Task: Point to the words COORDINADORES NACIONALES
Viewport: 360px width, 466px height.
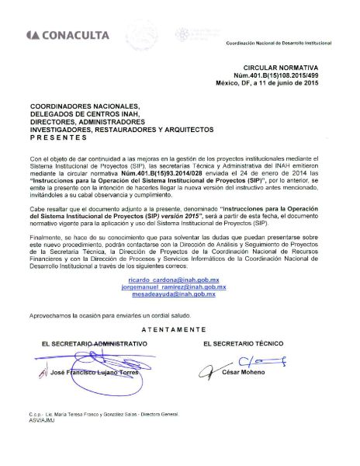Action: (73, 106)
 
